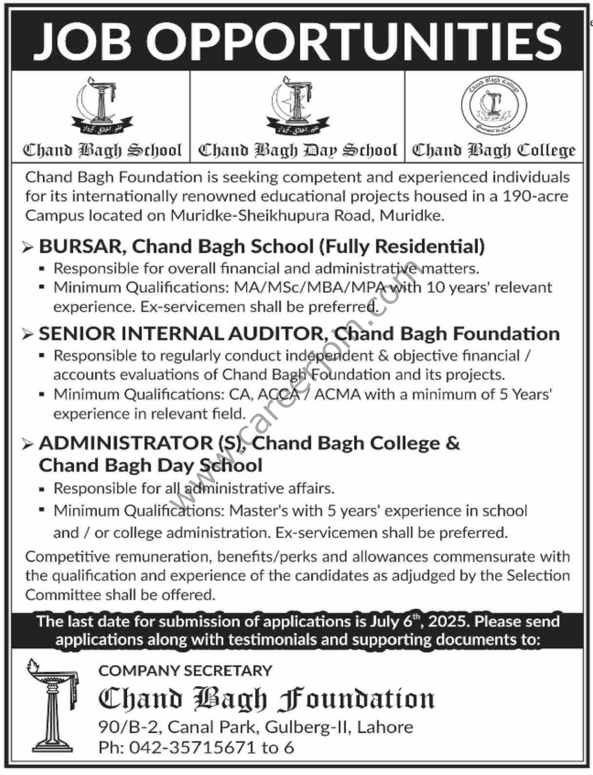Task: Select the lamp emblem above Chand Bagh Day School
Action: tap(297, 106)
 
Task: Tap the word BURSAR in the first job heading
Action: tap(80, 246)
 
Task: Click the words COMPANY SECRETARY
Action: tap(185, 671)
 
